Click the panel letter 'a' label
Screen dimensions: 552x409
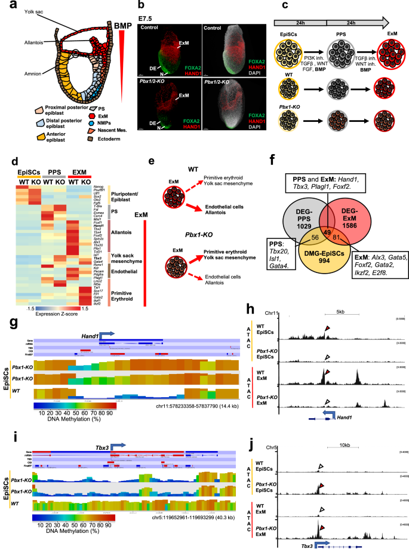coord(5,7)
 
